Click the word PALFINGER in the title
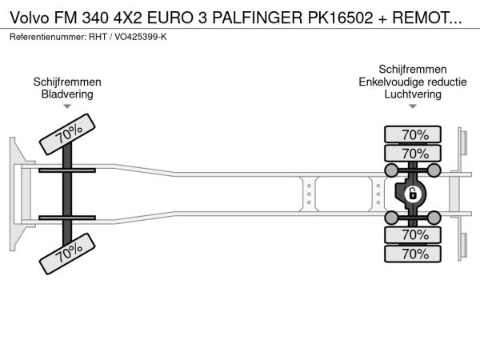pos(257,18)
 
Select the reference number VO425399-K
pos(141,37)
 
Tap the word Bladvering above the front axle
pos(67,94)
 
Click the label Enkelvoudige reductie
pos(413,82)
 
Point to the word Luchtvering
pos(413,94)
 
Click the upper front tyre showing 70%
pos(67,134)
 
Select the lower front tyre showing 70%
pos(67,254)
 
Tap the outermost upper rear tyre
pos(413,134)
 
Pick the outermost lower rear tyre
pos(413,254)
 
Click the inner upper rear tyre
pos(413,154)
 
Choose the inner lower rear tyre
pos(413,235)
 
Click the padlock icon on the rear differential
pos(413,194)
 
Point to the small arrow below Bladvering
pos(67,106)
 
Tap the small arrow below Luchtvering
pos(413,106)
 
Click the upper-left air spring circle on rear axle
pos(391,170)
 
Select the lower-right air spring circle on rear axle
pos(434,218)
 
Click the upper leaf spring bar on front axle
pos(67,170)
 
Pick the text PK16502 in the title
pos(340,18)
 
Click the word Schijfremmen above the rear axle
pos(413,70)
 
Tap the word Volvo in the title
pos(30,18)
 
